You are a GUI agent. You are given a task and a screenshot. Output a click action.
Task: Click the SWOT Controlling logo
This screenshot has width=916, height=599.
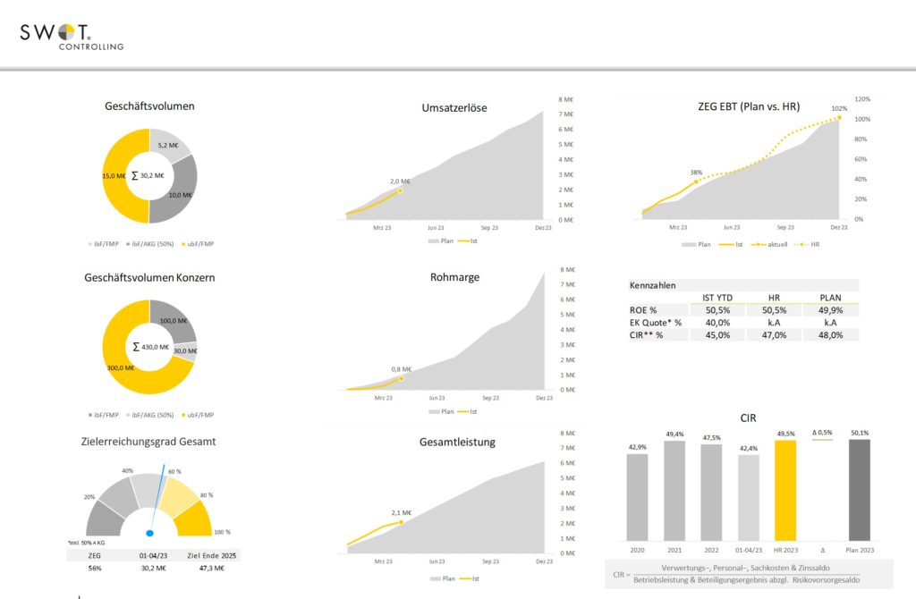(x=72, y=35)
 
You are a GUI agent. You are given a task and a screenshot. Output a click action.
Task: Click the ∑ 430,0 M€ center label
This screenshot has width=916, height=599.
(x=149, y=346)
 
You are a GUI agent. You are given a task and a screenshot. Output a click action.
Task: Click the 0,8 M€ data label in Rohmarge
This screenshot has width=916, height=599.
(x=401, y=368)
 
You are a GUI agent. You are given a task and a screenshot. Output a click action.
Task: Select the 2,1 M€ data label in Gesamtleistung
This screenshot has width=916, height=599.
(x=401, y=512)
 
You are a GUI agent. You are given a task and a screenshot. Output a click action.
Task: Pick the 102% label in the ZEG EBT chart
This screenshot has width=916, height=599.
(x=838, y=108)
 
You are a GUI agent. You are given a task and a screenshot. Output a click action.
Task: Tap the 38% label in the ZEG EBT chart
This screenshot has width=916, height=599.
(x=695, y=172)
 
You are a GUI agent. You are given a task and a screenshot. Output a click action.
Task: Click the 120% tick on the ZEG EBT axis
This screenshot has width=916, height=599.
(x=862, y=99)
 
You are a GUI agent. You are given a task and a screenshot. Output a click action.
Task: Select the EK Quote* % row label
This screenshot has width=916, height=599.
(x=655, y=322)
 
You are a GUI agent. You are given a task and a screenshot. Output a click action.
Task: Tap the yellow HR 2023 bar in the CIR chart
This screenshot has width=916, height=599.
(x=785, y=490)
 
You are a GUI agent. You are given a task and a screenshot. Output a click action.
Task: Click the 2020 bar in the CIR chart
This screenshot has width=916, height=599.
(x=637, y=496)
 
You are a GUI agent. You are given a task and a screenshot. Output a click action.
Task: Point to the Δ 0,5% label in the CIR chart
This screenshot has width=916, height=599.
(x=821, y=433)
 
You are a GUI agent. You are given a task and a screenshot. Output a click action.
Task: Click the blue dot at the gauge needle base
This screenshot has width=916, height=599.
(x=149, y=533)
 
